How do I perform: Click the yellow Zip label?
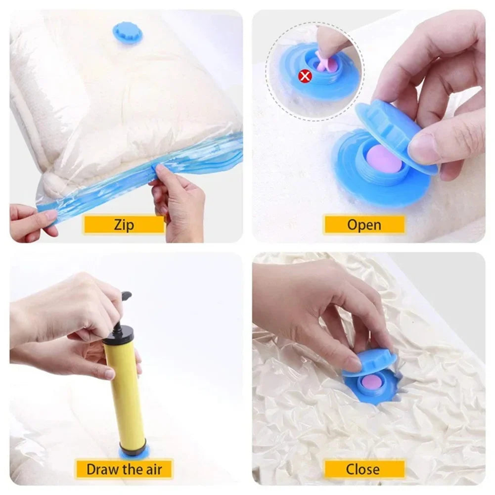click(124, 225)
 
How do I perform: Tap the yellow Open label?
click(364, 225)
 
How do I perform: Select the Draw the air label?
click(124, 468)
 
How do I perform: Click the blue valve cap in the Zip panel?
click(128, 33)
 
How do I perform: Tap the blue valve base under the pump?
click(133, 452)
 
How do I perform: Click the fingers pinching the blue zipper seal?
click(171, 178)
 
